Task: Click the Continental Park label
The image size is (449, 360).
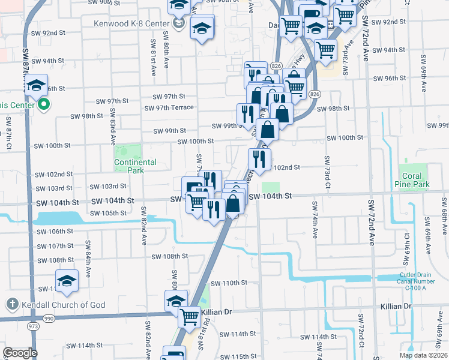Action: point(136,166)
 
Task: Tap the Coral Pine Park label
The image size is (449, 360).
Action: point(412,181)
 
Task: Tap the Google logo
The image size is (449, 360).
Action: point(19,353)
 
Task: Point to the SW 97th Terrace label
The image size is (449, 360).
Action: point(169,108)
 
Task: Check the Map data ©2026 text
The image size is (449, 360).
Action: point(423,355)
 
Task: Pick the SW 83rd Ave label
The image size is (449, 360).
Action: point(112,132)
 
